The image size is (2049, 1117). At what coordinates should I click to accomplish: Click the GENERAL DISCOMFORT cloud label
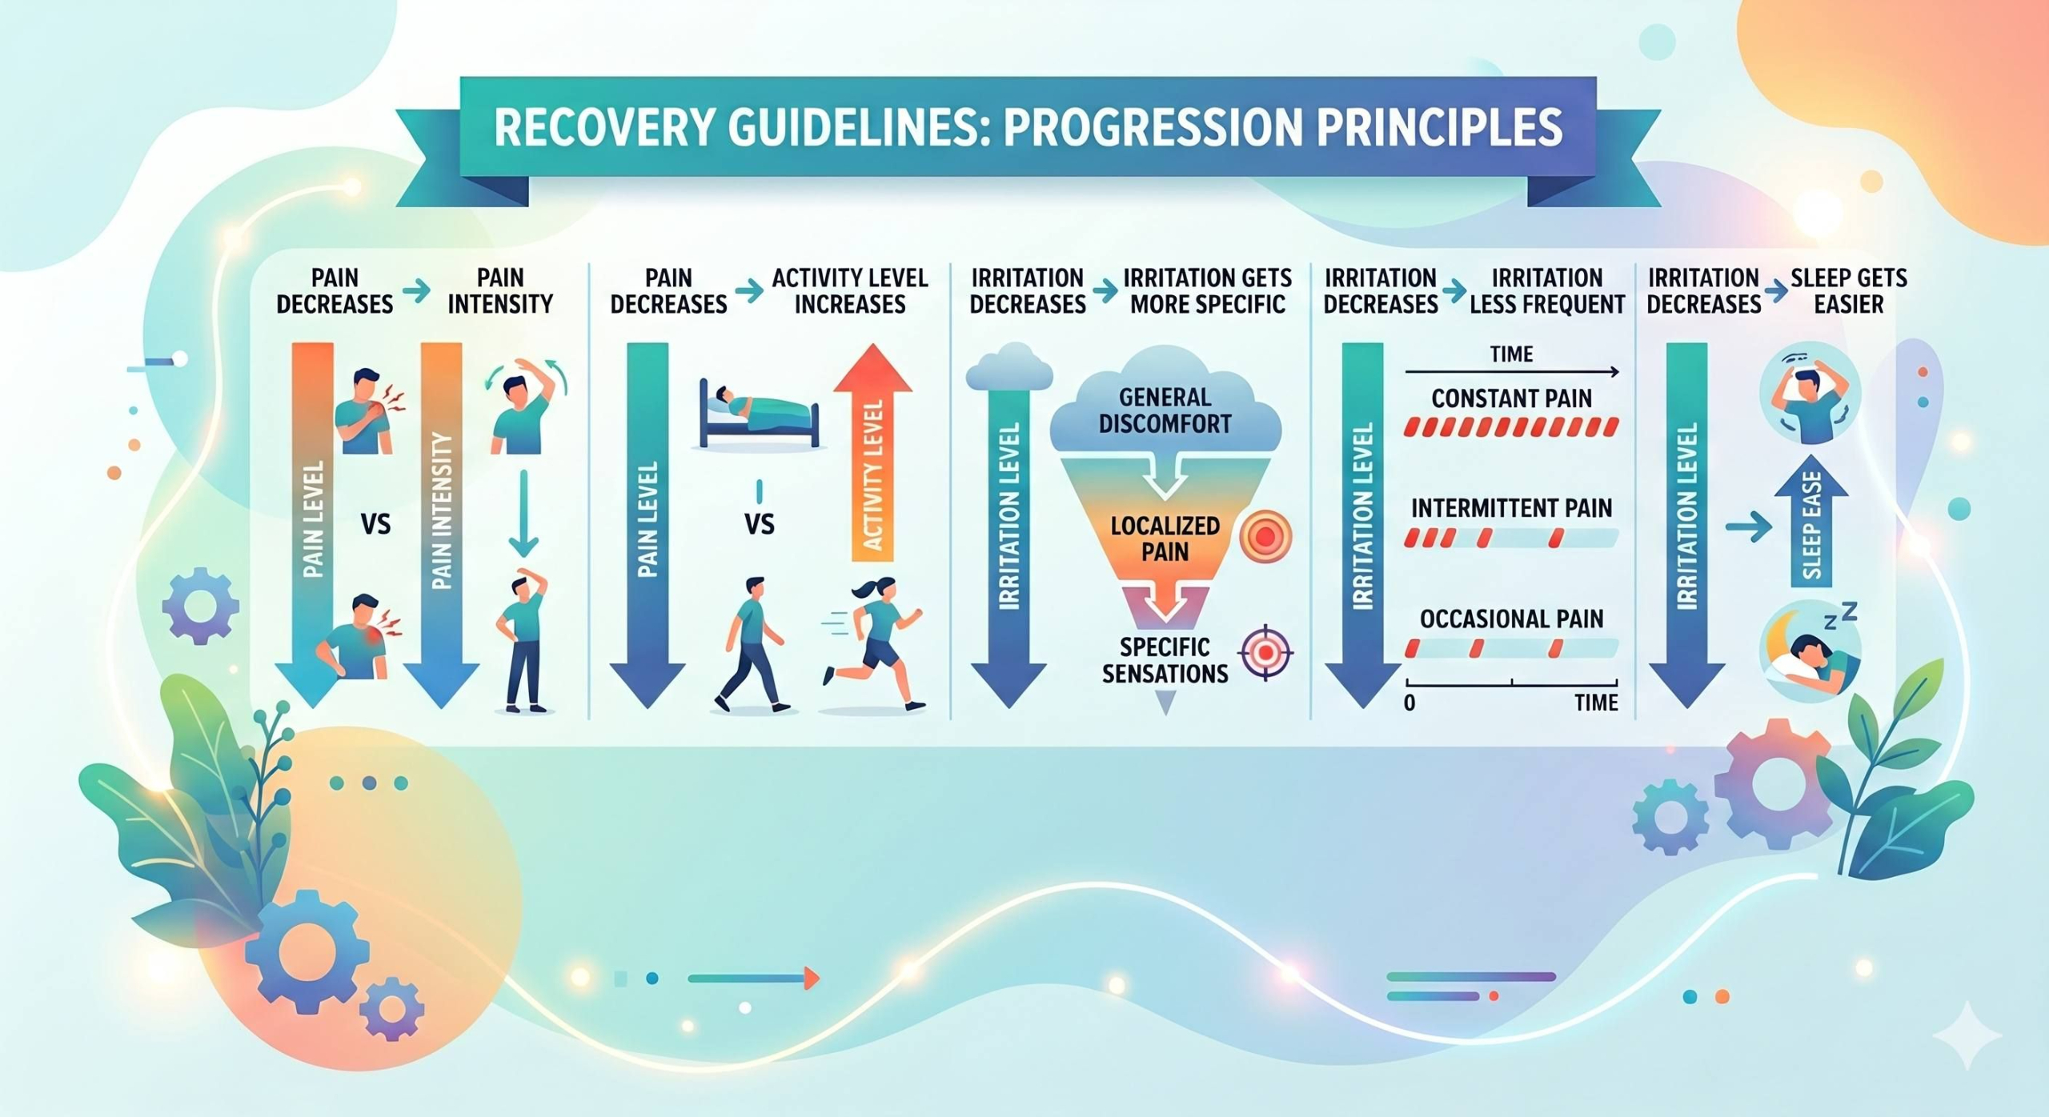pos(1165,410)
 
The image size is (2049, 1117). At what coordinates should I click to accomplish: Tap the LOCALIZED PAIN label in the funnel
pos(1165,538)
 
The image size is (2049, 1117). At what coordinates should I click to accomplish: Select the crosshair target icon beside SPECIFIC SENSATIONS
pos(1265,652)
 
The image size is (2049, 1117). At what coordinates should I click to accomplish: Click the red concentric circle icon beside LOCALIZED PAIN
pos(1265,536)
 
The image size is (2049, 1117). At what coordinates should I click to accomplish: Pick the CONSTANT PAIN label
pos(1511,398)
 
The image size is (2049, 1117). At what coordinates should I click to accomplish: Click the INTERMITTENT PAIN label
pos(1511,508)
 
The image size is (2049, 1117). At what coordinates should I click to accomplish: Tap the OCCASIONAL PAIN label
pos(1511,619)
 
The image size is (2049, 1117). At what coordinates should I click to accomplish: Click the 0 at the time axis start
pos(1409,703)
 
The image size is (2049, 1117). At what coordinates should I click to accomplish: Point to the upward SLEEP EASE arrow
pos(1811,520)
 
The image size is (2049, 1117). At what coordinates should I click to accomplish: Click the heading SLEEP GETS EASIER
pos(1848,291)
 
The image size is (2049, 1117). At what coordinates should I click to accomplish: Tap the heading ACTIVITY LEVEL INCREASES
pos(849,291)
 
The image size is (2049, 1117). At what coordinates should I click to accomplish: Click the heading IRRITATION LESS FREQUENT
pos(1547,291)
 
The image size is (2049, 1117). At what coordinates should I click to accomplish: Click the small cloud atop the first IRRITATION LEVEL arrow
pos(1008,367)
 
